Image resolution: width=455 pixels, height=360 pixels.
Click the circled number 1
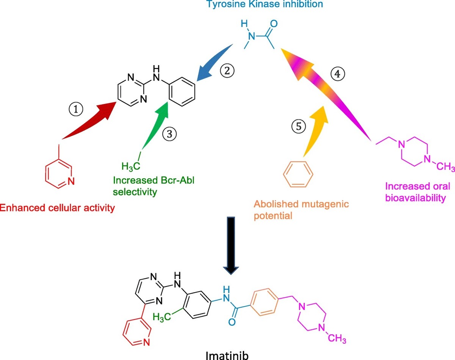point(77,109)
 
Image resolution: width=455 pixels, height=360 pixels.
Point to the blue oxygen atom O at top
point(274,23)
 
